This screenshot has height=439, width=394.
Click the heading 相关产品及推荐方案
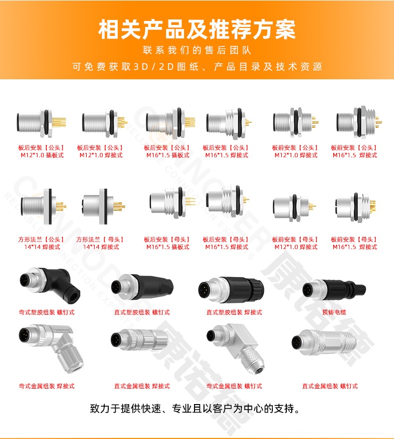(197, 29)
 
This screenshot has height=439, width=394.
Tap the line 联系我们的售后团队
(197, 50)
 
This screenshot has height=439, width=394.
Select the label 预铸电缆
(334, 312)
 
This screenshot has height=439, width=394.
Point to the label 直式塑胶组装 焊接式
(234, 312)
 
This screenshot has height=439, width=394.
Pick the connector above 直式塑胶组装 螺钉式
(142, 288)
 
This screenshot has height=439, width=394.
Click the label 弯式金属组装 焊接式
(47, 386)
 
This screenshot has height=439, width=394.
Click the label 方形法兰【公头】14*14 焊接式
(42, 243)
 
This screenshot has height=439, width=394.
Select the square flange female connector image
(104, 206)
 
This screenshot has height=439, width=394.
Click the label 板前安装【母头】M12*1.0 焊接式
(296, 243)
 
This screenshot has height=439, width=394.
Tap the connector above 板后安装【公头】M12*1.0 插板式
(41, 123)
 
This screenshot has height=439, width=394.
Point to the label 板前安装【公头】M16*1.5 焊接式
(355, 151)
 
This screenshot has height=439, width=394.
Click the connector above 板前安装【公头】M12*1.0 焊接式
(296, 122)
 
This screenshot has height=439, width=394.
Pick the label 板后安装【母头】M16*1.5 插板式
(168, 243)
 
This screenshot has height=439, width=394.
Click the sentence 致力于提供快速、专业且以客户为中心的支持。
(195, 409)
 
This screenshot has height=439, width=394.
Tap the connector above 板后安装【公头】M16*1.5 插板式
(171, 123)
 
